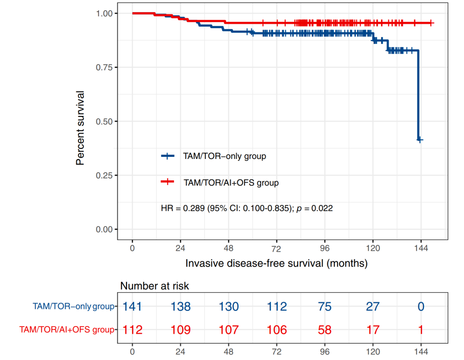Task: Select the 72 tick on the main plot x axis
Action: point(276,248)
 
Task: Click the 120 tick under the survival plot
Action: point(372,248)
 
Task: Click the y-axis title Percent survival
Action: point(80,128)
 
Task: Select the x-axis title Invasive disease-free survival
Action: point(276,263)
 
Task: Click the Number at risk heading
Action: point(154,286)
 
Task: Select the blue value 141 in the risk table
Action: point(132,307)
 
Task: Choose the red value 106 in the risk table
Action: point(277,330)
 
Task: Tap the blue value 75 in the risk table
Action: point(325,307)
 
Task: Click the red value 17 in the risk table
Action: point(372,330)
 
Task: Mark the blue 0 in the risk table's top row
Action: point(421,307)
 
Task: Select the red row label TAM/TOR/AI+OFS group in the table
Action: point(67,330)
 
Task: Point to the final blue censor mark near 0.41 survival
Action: point(420,140)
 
